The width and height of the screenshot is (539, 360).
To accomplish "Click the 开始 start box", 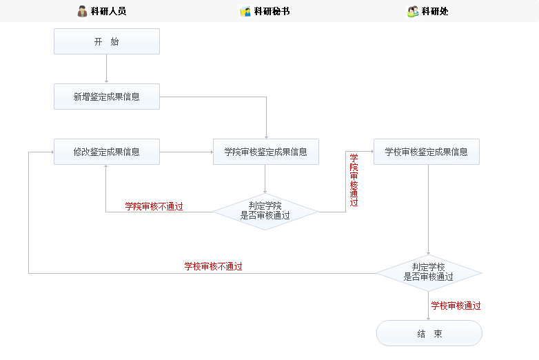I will (107, 41).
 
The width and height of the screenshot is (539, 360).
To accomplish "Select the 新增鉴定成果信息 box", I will (107, 97).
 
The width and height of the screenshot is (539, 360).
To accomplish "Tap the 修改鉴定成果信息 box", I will (107, 152).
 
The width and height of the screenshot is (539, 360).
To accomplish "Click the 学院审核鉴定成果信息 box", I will (266, 152).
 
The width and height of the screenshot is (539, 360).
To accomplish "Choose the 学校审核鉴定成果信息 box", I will (426, 152).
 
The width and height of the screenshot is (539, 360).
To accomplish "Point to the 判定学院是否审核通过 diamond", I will (265, 210).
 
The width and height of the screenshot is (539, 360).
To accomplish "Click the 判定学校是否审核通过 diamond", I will (428, 272).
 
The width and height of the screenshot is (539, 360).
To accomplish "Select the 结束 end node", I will (429, 334).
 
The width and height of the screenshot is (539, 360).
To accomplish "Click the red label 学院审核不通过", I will (154, 206).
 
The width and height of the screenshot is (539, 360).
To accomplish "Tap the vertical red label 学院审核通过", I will (354, 180).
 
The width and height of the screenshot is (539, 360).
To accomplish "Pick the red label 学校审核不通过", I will (213, 266).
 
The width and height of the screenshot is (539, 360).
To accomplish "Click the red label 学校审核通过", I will (456, 306).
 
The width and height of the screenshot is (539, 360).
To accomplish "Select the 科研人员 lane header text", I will (108, 11).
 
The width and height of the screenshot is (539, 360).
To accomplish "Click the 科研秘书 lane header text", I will (272, 11).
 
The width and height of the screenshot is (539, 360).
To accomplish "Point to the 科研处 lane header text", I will (435, 11).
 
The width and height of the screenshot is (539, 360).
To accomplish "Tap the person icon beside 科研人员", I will (83, 11).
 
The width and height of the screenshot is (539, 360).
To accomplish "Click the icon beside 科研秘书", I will (245, 11).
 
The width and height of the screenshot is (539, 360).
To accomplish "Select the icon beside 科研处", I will (413, 11).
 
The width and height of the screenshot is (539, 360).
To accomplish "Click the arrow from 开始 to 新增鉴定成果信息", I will (107, 69).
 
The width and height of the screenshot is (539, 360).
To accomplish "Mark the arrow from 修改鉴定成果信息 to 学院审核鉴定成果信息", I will (186, 152).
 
